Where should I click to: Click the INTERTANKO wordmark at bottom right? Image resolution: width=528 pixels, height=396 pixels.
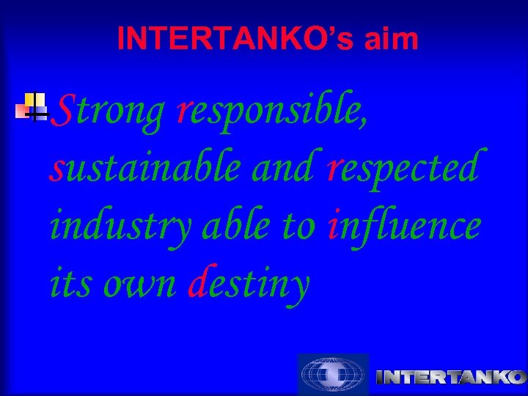(450, 378)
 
